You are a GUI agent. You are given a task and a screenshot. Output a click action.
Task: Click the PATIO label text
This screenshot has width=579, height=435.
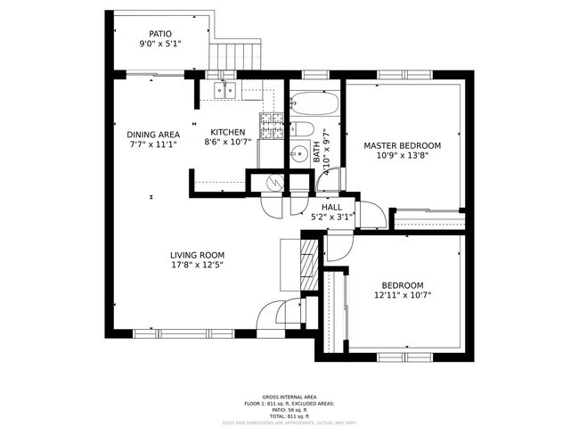pos(160,33)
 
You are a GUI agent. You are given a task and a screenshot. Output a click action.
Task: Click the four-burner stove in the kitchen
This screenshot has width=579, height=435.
pos(271,126)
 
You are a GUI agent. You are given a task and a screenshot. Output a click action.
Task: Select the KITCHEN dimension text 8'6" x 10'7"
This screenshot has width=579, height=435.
pos(228,141)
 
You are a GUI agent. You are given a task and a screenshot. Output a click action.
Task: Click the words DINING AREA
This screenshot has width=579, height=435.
pos(153,135)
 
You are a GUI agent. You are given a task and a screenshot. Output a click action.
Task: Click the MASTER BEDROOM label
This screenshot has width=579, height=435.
pos(402,145)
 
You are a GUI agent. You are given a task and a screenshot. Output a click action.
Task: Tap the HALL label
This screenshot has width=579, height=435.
pos(331,207)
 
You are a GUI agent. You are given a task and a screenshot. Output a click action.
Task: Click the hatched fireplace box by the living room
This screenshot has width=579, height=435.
pos(308,263)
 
